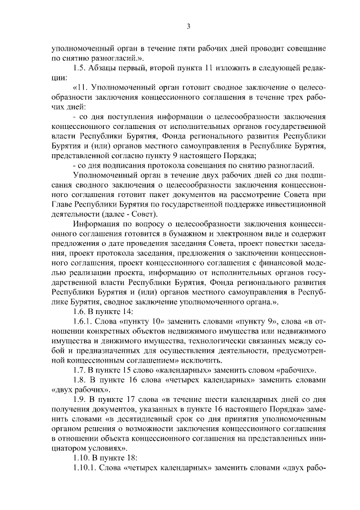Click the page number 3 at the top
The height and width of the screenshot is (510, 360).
pos(188,26)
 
